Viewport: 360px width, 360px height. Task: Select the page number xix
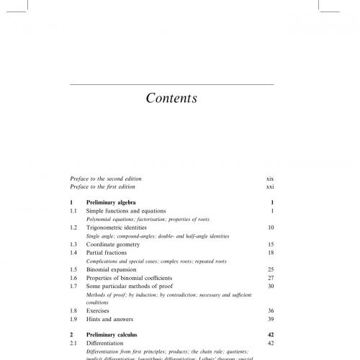coord(270,178)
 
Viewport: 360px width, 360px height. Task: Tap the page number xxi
coord(270,186)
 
